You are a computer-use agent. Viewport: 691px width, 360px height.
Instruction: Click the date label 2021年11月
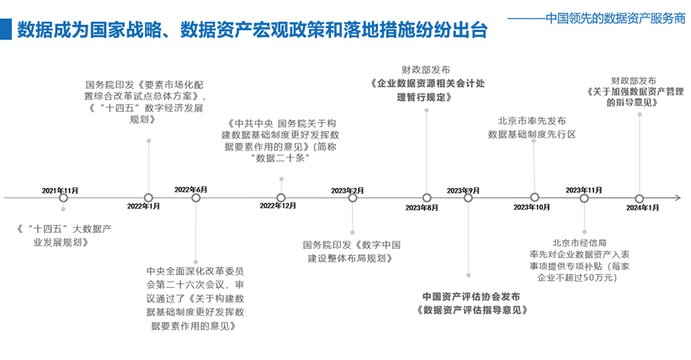[61, 190]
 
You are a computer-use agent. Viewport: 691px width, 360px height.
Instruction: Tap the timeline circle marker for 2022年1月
[148, 198]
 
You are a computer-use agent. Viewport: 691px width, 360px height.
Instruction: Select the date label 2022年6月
[191, 190]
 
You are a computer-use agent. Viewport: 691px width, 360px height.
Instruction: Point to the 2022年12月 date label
[278, 206]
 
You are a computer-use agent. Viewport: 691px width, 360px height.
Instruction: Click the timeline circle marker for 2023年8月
[427, 198]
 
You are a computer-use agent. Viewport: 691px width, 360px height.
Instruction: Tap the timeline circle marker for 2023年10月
[534, 198]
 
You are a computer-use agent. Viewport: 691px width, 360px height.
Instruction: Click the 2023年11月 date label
[584, 190]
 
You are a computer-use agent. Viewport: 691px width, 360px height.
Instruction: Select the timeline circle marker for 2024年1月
[639, 198]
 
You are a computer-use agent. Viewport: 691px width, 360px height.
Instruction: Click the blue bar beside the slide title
[6, 30]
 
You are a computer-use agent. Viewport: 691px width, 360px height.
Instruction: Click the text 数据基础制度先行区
[532, 134]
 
